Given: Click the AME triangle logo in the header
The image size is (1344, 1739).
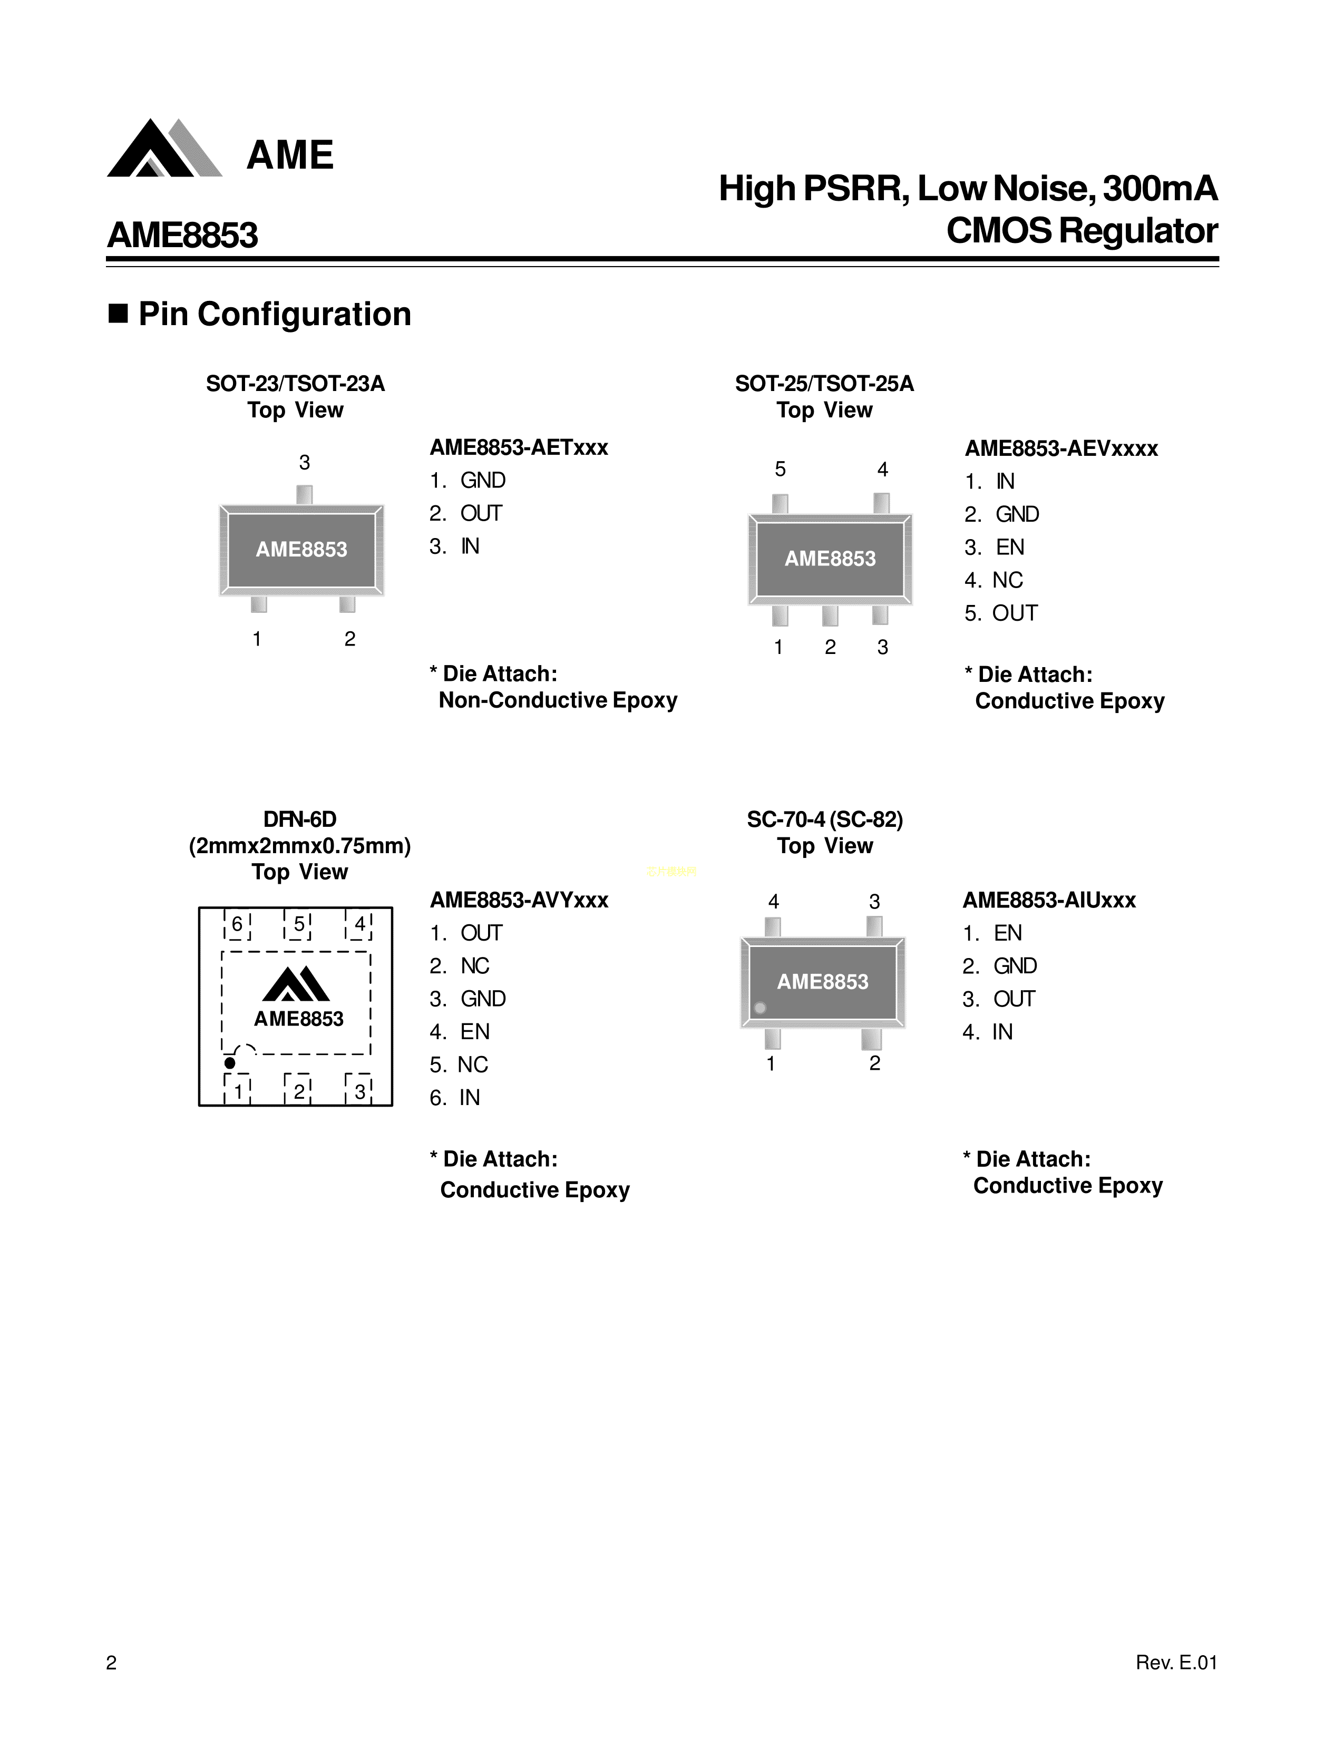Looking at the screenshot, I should pyautogui.click(x=163, y=149).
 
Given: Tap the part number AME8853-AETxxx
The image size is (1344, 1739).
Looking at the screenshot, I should pyautogui.click(x=518, y=447).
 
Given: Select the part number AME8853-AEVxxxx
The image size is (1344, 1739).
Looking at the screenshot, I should pyautogui.click(x=1060, y=448).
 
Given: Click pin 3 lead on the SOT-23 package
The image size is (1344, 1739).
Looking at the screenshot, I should pyautogui.click(x=304, y=494).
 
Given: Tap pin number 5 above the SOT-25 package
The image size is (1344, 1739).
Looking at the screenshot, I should pyautogui.click(x=780, y=470).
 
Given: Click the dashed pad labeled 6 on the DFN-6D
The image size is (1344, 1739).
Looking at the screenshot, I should pyautogui.click(x=237, y=924).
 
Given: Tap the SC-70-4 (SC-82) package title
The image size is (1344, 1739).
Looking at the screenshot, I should pyautogui.click(x=824, y=819).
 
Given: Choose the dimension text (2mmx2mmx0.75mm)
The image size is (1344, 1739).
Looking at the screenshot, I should pyautogui.click(x=299, y=846).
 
